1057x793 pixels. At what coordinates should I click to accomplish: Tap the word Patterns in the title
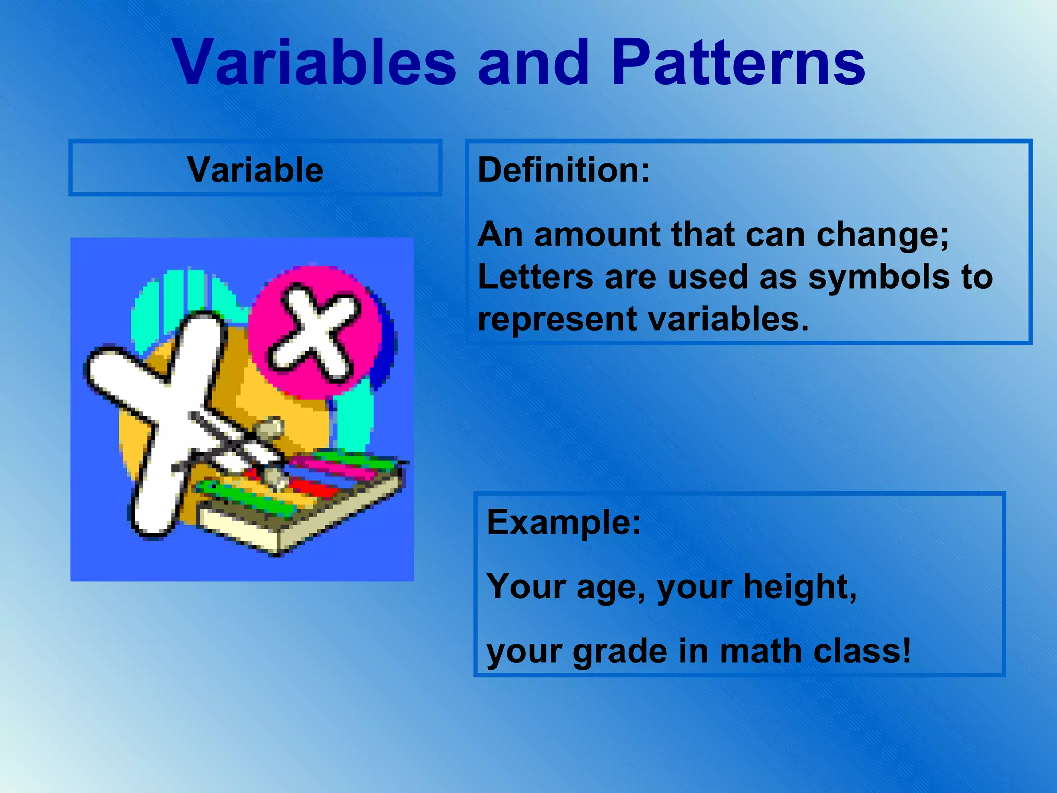pos(738,63)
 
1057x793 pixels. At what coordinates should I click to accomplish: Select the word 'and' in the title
pos(534,63)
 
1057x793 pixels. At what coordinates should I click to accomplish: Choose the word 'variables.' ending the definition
pos(728,319)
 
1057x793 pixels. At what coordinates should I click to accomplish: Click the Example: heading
pos(564,522)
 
